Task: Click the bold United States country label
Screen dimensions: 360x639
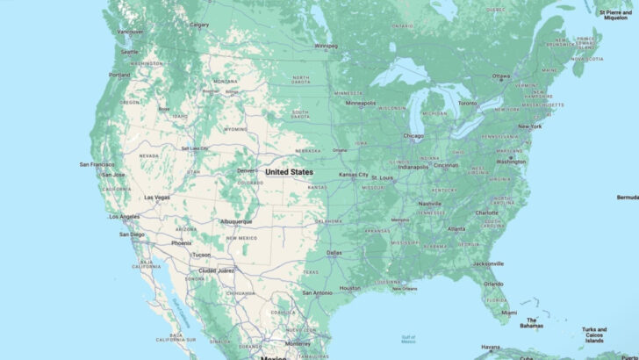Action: click(x=290, y=172)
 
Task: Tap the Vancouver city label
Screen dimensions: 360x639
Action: click(x=130, y=32)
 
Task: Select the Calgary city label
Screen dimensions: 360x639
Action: click(x=199, y=25)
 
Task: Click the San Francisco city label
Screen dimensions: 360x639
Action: click(x=97, y=164)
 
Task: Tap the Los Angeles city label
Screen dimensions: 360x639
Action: click(x=125, y=216)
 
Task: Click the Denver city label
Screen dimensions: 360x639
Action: click(x=247, y=170)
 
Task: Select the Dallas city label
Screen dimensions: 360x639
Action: click(x=334, y=253)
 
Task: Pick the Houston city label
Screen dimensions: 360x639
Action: click(x=350, y=288)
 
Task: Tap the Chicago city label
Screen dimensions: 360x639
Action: click(x=413, y=136)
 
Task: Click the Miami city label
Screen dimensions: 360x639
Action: click(x=505, y=312)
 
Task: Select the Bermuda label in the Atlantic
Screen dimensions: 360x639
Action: click(x=627, y=198)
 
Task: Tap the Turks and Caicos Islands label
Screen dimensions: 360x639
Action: click(x=594, y=335)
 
